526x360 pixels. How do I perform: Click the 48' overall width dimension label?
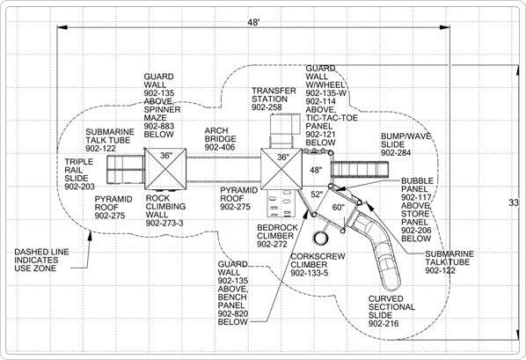(x=254, y=23)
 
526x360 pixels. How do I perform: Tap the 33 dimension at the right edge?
(x=514, y=202)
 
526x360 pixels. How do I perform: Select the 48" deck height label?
(x=316, y=170)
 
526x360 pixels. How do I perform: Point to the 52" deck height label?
(x=317, y=195)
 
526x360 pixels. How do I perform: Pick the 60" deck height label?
(x=339, y=208)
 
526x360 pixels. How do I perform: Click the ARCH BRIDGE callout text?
(x=220, y=139)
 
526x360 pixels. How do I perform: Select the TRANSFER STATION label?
(x=274, y=99)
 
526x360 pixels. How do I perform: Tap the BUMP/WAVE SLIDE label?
(x=405, y=144)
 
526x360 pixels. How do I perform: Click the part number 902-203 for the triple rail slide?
(x=79, y=187)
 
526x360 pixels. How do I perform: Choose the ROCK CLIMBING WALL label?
(x=165, y=210)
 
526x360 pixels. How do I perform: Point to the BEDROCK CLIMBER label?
(x=277, y=236)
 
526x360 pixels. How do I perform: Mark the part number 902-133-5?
(x=310, y=273)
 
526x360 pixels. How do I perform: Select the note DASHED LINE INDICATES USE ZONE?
(x=41, y=260)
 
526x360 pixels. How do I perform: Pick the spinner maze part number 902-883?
(x=159, y=126)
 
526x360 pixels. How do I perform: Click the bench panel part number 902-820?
(x=233, y=313)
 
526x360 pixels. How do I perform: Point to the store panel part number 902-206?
(x=416, y=231)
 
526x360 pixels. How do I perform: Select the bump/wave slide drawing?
(x=360, y=169)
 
